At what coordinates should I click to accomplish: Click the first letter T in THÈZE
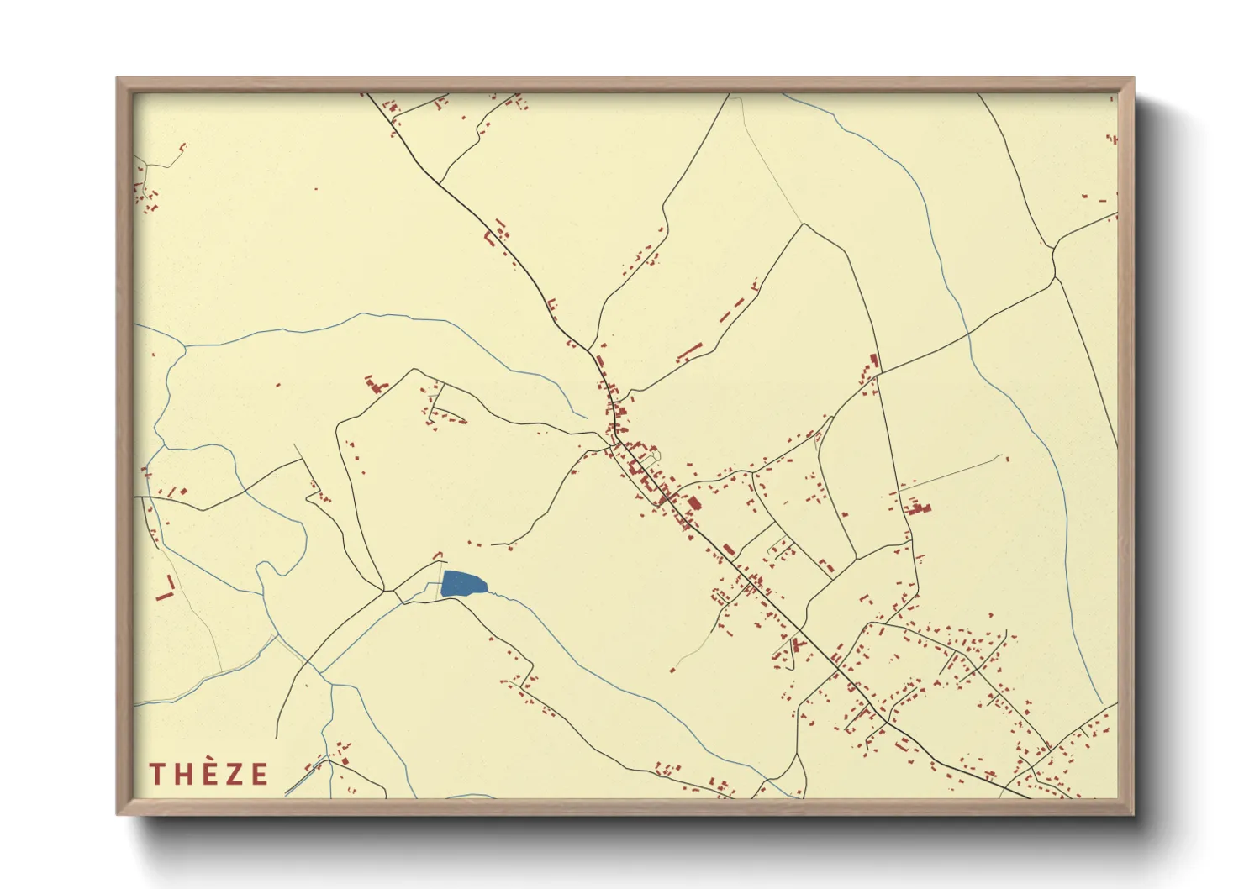pos(156,774)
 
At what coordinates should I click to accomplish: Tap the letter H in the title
pos(183,774)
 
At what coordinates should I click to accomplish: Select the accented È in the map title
pos(209,772)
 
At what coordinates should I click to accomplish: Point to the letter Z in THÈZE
pos(235,774)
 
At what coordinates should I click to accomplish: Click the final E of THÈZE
pos(259,774)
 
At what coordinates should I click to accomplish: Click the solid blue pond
pos(461,583)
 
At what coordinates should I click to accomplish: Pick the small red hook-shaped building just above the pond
pos(436,555)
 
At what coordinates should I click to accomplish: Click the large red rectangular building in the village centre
pos(694,504)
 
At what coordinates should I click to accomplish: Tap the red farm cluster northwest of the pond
pos(375,386)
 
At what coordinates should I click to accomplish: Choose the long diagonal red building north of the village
pos(689,351)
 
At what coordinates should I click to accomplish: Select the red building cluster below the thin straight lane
pos(917,508)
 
